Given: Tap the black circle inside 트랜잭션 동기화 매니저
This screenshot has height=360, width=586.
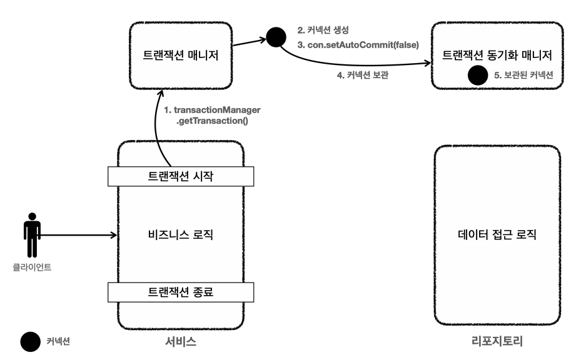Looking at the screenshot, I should (478, 76).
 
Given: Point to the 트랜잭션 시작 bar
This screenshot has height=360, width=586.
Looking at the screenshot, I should (181, 176).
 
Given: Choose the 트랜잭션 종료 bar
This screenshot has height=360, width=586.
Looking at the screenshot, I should (181, 291).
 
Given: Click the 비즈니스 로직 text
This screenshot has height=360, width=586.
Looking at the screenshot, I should (181, 236).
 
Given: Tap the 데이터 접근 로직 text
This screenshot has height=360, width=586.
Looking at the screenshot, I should (497, 236).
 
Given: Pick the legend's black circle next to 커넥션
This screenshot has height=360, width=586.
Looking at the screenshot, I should (29, 341).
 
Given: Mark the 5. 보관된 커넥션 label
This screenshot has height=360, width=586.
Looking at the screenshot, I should (524, 76).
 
